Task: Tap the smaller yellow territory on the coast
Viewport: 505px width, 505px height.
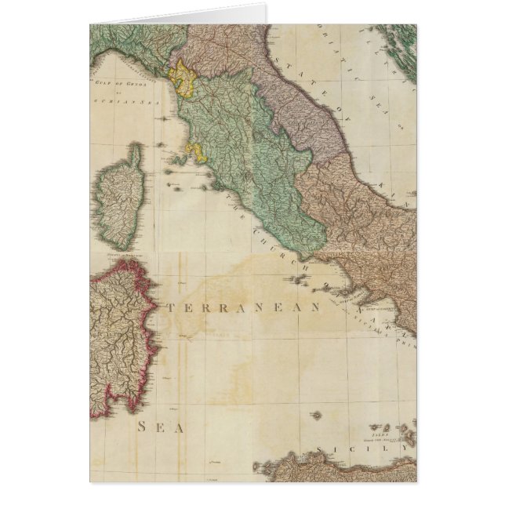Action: (x=195, y=154)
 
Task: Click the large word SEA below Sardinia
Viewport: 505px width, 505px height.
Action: (x=161, y=427)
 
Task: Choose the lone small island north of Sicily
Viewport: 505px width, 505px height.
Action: (x=316, y=415)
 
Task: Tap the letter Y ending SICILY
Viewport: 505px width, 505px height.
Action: (x=405, y=448)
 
